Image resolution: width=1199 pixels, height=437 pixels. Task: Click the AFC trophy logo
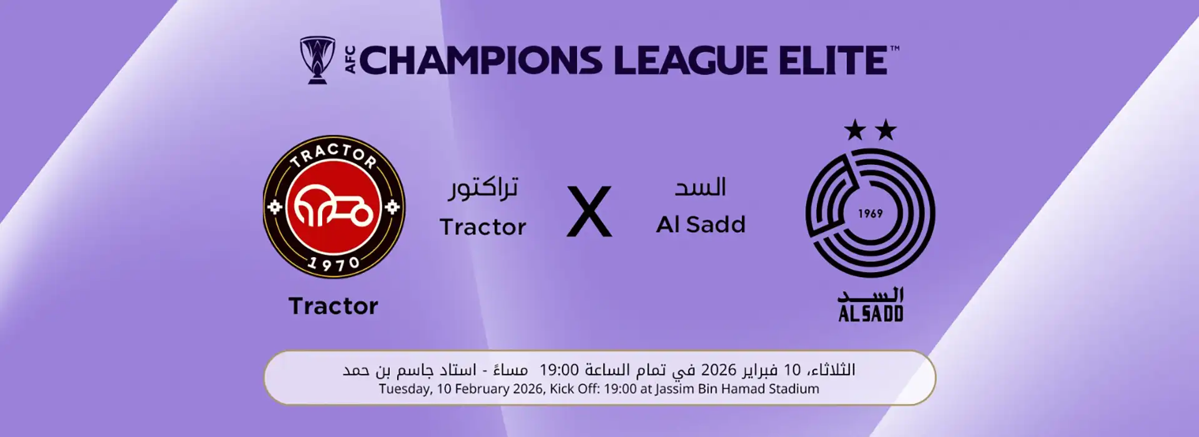tap(317, 60)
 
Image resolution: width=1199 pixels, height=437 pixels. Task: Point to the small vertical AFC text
tap(350, 60)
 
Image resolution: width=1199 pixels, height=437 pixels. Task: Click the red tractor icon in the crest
tap(333, 207)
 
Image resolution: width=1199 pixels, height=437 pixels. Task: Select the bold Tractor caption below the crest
tap(333, 306)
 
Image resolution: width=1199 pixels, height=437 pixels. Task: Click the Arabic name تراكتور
tap(483, 187)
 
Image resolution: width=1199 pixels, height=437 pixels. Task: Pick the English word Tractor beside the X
tap(483, 227)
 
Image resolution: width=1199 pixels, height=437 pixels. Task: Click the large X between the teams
tap(589, 211)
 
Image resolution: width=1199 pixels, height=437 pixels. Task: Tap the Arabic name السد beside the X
tap(700, 187)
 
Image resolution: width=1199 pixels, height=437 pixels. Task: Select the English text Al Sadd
tap(701, 224)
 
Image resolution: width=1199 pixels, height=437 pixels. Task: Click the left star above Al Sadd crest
tap(854, 130)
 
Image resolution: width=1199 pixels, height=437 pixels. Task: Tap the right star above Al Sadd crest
tap(886, 130)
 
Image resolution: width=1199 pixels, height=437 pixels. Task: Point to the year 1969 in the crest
tap(870, 214)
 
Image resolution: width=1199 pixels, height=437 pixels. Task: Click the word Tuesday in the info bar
tap(405, 389)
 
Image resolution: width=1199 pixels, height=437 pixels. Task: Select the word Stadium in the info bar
tap(795, 389)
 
